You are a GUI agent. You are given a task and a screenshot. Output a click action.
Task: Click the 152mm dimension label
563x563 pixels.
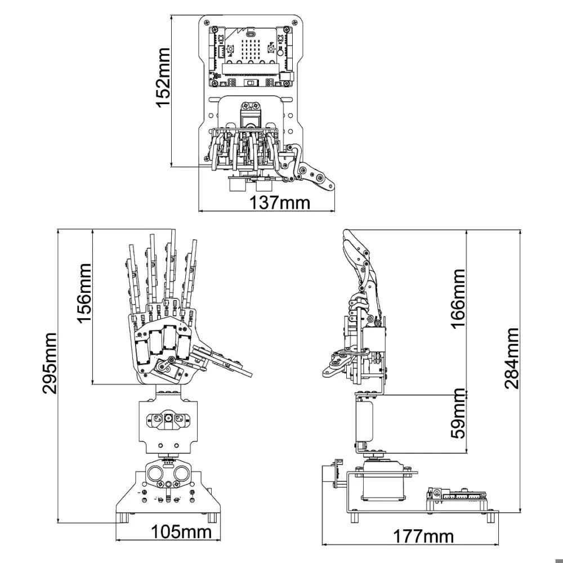click(x=163, y=77)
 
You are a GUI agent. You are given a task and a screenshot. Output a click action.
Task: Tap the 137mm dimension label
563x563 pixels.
click(x=279, y=203)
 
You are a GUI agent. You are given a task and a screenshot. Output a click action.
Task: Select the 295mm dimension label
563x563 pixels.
click(x=49, y=363)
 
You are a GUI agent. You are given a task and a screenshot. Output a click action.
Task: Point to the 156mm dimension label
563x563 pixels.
click(x=85, y=293)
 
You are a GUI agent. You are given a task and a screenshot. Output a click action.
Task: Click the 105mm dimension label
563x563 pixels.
click(x=181, y=532)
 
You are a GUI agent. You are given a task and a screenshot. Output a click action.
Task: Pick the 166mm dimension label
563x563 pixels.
click(x=458, y=298)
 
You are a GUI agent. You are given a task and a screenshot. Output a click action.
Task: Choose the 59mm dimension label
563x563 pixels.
click(x=458, y=413)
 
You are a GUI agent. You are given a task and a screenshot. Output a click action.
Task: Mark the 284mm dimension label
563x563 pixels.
click(x=512, y=358)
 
